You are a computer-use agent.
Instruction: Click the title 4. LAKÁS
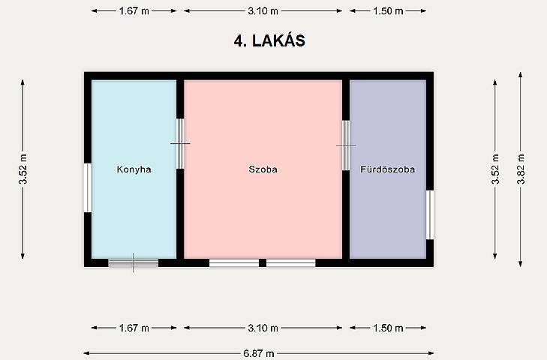coord(269,40)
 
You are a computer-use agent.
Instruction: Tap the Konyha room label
coord(134,169)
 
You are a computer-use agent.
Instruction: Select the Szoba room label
coord(263,169)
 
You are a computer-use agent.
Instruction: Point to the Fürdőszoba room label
coord(388,169)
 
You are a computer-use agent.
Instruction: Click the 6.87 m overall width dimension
coord(259,354)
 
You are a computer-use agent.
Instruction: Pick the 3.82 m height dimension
coord(521,169)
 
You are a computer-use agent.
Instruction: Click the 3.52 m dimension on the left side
coord(23,169)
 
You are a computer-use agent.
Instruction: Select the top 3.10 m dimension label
coord(263,11)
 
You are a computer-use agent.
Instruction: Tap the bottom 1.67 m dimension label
coord(134,328)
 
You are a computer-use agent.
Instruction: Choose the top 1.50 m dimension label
coord(388,11)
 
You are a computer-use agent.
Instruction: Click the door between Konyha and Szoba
coord(180,143)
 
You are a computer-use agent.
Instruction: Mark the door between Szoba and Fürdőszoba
coord(346,145)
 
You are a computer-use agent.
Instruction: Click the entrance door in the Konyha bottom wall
coord(134,262)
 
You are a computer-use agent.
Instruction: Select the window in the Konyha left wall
coord(88,187)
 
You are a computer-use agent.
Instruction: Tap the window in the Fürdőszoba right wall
coord(430,215)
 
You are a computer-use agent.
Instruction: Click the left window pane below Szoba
coord(234,262)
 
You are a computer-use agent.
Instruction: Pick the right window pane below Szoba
coord(291,262)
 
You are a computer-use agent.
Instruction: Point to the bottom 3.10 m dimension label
coord(263,328)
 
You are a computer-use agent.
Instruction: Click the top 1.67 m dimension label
coord(134,11)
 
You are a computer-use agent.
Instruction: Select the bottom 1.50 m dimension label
coord(388,328)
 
